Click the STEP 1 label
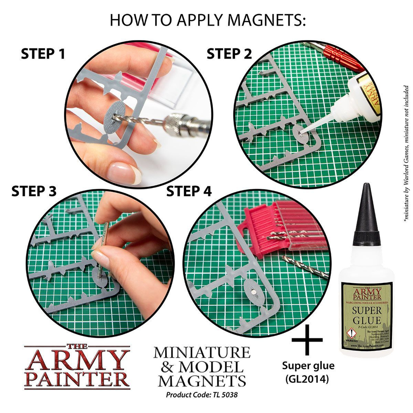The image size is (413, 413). tap(43, 54)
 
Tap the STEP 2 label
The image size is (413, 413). tap(229, 54)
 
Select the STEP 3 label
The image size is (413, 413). tap(34, 191)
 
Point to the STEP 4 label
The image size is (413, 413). tap(189, 191)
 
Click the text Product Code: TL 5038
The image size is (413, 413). tap(202, 394)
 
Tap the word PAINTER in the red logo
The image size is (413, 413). tap(77, 380)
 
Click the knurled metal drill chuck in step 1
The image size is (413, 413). tap(178, 124)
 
